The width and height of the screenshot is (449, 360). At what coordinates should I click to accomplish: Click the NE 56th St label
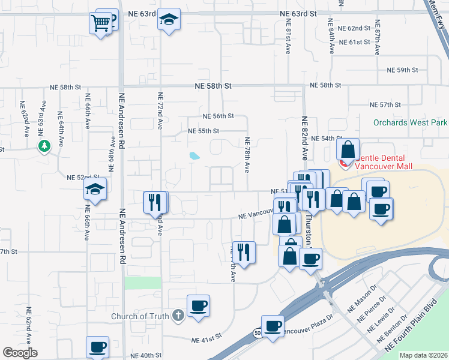click(218, 116)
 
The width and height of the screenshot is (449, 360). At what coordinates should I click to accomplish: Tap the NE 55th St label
click(203, 131)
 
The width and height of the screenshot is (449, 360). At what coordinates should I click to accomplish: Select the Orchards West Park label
click(411, 122)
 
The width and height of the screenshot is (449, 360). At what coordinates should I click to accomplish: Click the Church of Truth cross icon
click(177, 315)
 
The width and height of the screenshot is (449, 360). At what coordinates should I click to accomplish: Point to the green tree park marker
click(44, 146)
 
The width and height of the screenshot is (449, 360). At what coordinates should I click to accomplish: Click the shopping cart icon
click(101, 23)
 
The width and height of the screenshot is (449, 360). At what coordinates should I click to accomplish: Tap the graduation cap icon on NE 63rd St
click(169, 20)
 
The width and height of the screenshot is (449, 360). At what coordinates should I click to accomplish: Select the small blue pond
click(194, 156)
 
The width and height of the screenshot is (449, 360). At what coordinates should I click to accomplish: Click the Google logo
click(20, 353)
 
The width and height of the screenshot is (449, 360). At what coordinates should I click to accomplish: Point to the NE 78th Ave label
click(247, 154)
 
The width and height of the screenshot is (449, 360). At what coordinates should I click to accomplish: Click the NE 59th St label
click(403, 70)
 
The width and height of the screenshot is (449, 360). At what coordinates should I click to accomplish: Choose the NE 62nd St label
click(354, 28)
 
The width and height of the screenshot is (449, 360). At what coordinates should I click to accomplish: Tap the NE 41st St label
click(206, 340)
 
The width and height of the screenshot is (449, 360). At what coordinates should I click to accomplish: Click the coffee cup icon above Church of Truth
click(198, 306)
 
